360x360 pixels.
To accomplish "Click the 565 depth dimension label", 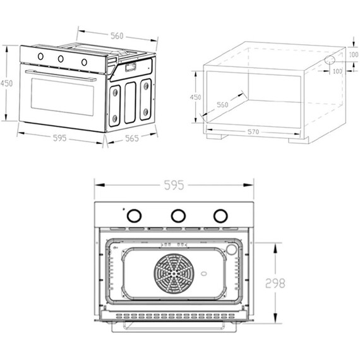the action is (132, 138).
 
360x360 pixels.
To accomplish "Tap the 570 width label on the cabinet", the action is (253, 132).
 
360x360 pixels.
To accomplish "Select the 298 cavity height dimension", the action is (275, 283).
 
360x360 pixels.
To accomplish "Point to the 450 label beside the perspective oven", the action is (6, 83).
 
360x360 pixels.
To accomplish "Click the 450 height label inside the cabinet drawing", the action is (195, 97).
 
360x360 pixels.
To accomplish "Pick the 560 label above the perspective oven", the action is (117, 36).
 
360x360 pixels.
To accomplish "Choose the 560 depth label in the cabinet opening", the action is (222, 105).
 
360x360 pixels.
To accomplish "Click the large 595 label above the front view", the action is (174, 185).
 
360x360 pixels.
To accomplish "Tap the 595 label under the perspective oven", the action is (60, 138).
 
